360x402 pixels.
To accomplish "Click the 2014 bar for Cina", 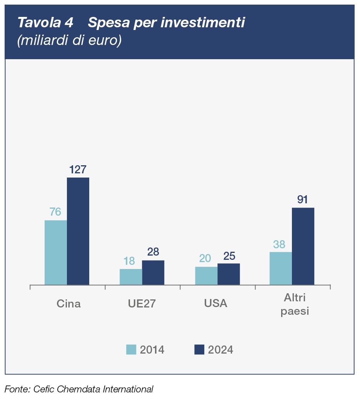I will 56,252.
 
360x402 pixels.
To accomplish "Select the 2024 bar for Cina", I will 78,231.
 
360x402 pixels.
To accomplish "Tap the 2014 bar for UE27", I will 131,277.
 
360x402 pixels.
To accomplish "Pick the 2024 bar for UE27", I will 153,272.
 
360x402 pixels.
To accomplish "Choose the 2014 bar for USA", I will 206,276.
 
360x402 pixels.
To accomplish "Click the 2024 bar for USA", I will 228,274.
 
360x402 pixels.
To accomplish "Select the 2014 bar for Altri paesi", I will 281,268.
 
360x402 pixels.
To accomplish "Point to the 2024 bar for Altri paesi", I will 303,246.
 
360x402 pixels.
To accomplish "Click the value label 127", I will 78,169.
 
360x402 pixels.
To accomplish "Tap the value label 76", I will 55,212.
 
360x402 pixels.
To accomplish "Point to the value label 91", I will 303,200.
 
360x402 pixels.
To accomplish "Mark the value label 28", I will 153,252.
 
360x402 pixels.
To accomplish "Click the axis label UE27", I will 142,304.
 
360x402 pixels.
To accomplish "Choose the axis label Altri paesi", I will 295,304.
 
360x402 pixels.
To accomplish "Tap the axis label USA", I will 216,304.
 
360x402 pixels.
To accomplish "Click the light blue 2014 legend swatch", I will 131,349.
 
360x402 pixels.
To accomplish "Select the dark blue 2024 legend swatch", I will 199,349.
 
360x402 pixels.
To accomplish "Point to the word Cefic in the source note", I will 44,389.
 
